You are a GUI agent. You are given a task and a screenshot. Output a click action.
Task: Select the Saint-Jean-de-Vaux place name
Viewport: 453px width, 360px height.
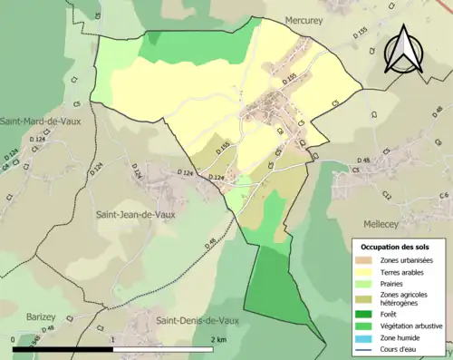[x=136, y=215]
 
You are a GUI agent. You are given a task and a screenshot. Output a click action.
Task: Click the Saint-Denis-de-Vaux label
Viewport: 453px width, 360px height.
[x=199, y=320]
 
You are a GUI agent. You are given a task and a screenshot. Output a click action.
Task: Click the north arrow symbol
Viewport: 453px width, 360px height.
[x=403, y=50]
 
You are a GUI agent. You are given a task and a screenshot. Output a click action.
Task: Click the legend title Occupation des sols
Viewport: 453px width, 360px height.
[x=395, y=247]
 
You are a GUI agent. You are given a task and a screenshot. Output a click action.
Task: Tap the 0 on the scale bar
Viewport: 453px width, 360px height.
[x=14, y=339]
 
